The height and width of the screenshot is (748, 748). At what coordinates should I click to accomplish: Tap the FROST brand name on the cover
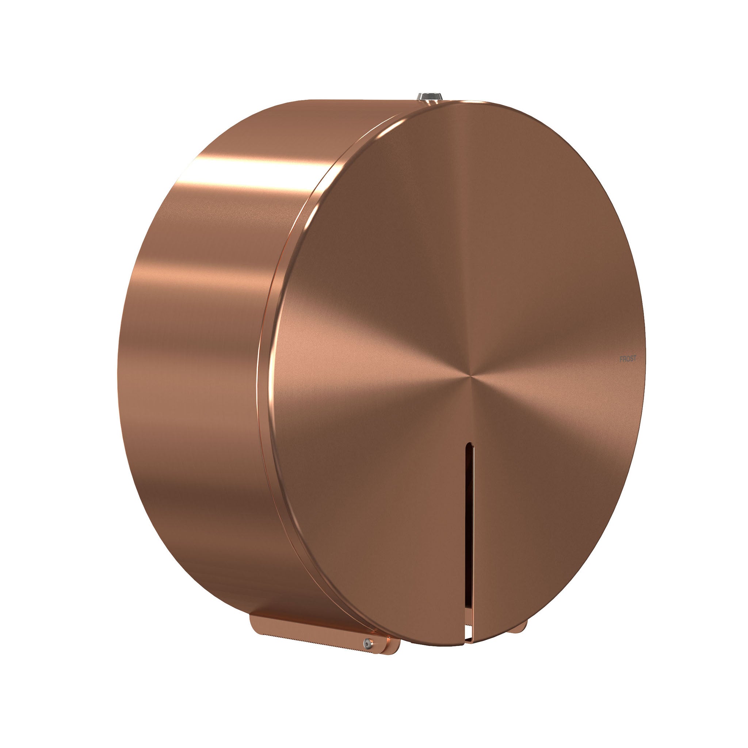coord(627,359)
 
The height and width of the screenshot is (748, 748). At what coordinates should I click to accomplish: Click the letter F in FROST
coord(621,359)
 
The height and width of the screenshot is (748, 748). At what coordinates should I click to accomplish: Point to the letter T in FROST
coord(634,359)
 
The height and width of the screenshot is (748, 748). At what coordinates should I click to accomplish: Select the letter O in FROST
coord(627,359)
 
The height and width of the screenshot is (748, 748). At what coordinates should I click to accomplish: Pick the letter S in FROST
coord(631,359)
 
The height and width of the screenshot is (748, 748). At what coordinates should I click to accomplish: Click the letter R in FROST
coord(624,359)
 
